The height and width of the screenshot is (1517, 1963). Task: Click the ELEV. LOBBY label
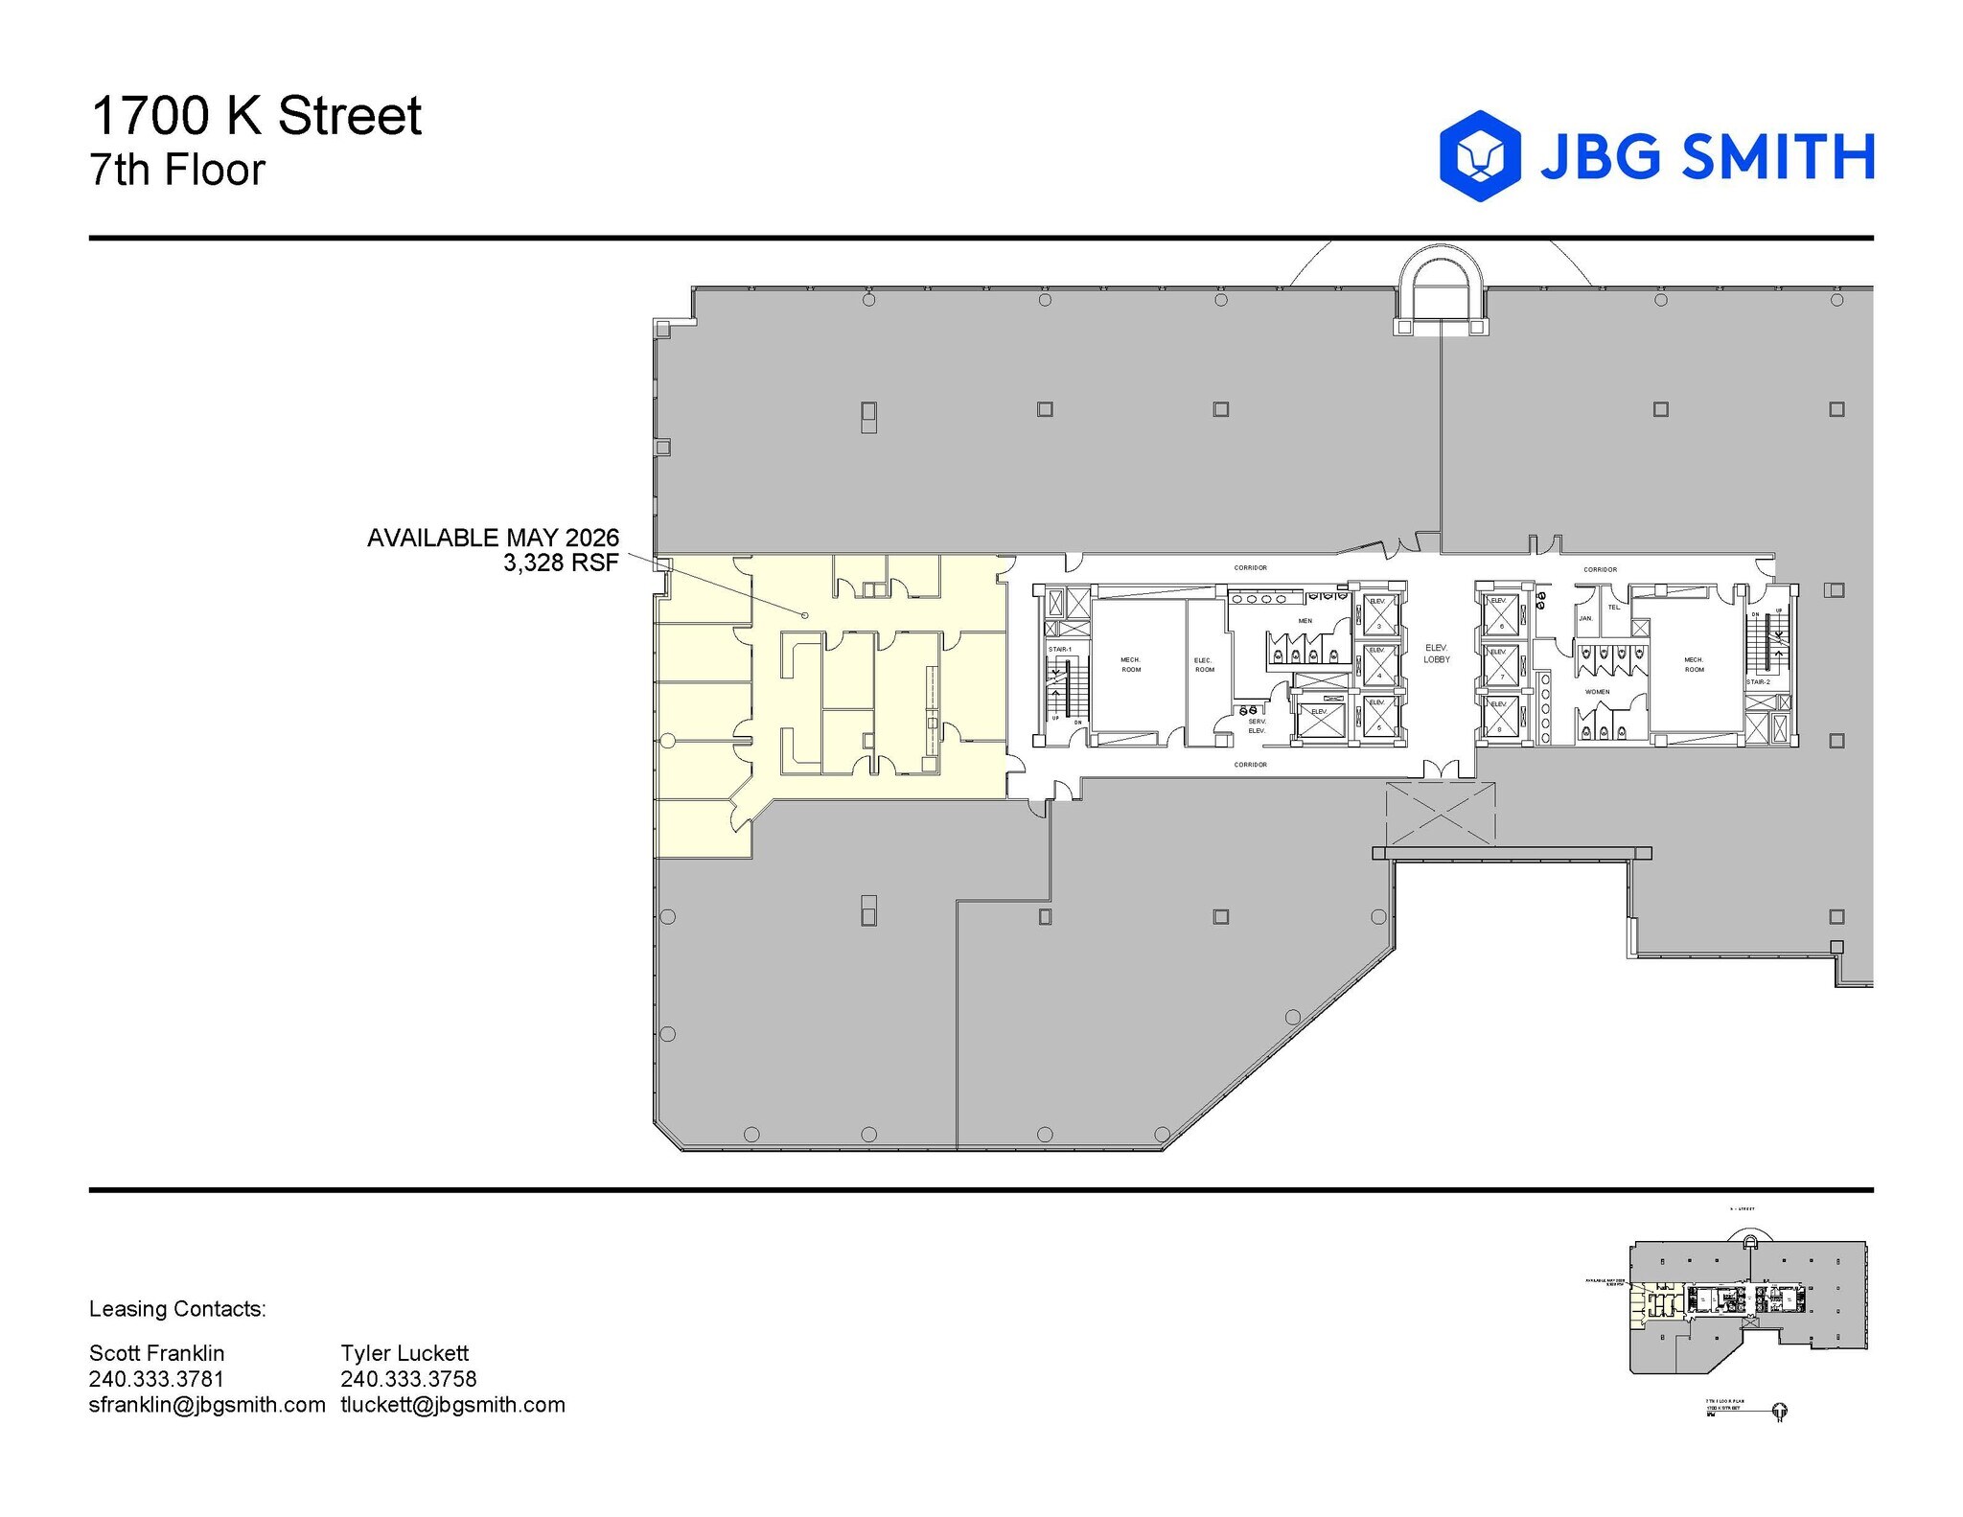[x=1436, y=654]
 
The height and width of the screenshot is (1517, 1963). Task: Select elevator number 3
[x=1378, y=614]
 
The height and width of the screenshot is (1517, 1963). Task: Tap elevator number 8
[x=1501, y=718]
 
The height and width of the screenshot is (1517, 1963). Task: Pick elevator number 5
[x=1378, y=716]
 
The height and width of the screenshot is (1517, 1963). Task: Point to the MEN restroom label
[x=1305, y=621]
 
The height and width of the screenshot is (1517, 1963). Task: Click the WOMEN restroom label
[x=1597, y=692]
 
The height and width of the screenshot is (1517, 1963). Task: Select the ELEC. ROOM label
[x=1204, y=664]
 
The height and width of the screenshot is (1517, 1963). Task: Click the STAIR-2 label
[x=1758, y=682]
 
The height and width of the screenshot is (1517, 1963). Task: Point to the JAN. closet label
[x=1585, y=618]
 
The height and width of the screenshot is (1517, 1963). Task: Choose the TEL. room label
[x=1614, y=607]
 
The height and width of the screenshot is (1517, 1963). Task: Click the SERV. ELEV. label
[x=1257, y=726]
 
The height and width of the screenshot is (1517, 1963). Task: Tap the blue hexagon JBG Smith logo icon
[x=1480, y=155]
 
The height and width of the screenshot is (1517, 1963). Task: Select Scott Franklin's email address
[x=207, y=1405]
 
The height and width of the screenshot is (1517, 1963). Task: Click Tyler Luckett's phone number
[x=408, y=1379]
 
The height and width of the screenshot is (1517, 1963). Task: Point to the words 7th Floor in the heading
[x=177, y=171]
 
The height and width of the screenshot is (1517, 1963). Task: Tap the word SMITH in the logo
[x=1778, y=156]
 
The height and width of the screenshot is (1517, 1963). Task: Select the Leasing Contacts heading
[x=177, y=1309]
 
